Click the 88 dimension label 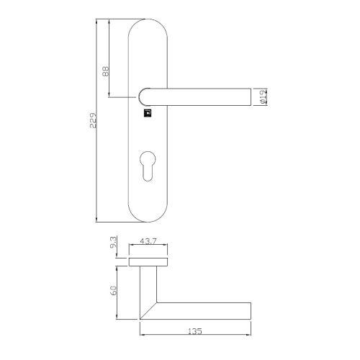pos(106,71)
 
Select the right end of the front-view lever pos(248,96)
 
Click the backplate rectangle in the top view pos(150,261)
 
